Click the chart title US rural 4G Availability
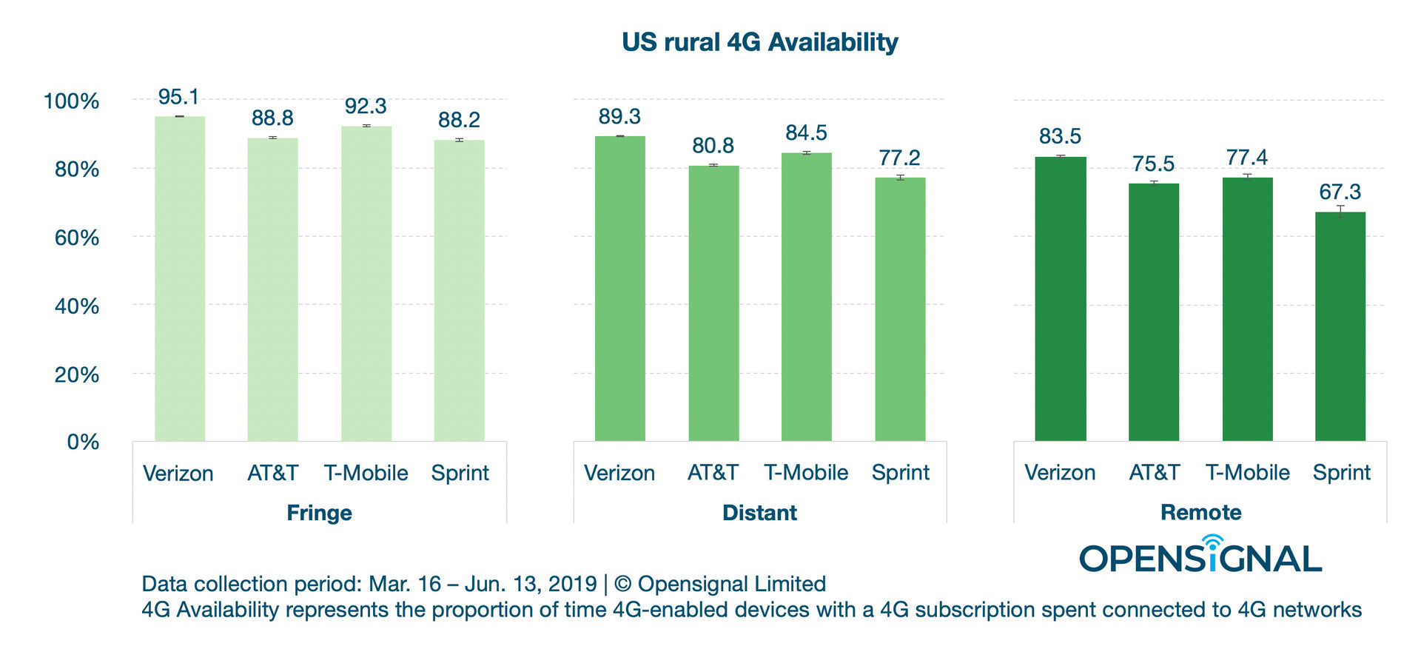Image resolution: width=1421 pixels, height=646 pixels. tap(759, 42)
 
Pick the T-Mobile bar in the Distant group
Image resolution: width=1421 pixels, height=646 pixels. tap(806, 297)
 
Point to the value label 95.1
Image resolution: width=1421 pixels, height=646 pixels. tap(178, 97)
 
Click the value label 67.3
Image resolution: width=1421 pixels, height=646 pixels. tap(1340, 192)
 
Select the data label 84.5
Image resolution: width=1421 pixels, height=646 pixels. tap(806, 133)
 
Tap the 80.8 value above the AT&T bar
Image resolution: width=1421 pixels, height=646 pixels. tap(713, 146)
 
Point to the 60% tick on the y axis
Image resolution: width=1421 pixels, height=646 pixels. tap(77, 238)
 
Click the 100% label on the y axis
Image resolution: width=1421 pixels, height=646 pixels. tap(72, 101)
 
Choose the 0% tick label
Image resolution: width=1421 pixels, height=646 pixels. tap(83, 442)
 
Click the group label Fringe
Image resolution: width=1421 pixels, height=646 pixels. tap(319, 513)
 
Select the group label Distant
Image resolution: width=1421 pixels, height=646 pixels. tap(759, 513)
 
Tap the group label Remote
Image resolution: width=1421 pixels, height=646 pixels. tap(1200, 512)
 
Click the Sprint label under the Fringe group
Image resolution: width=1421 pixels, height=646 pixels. tap(460, 473)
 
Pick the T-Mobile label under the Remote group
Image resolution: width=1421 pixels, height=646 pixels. tap(1247, 472)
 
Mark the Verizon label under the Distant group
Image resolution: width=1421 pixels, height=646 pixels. tap(619, 473)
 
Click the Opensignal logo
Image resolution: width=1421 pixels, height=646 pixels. tap(1200, 556)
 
